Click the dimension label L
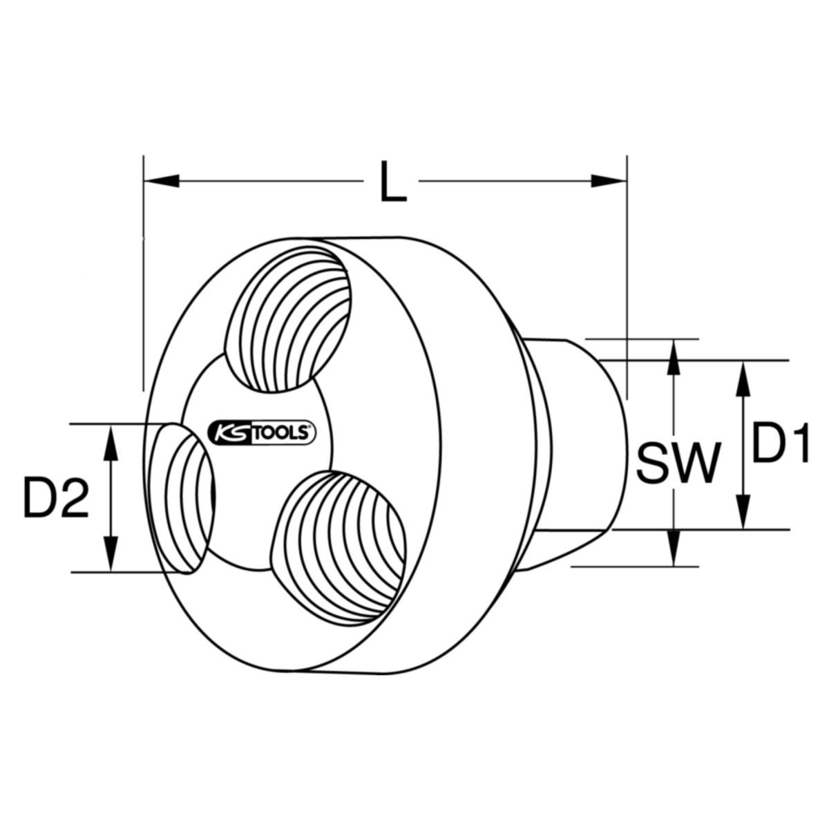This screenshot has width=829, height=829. click(x=392, y=181)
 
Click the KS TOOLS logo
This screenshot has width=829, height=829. click(x=261, y=433)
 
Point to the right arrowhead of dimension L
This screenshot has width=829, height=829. click(x=609, y=181)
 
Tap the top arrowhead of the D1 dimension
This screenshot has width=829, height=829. click(x=743, y=377)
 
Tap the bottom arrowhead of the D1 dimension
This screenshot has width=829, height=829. click(x=743, y=514)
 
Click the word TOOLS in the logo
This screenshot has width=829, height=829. click(x=280, y=433)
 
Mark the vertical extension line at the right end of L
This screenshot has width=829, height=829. click(x=627, y=276)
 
